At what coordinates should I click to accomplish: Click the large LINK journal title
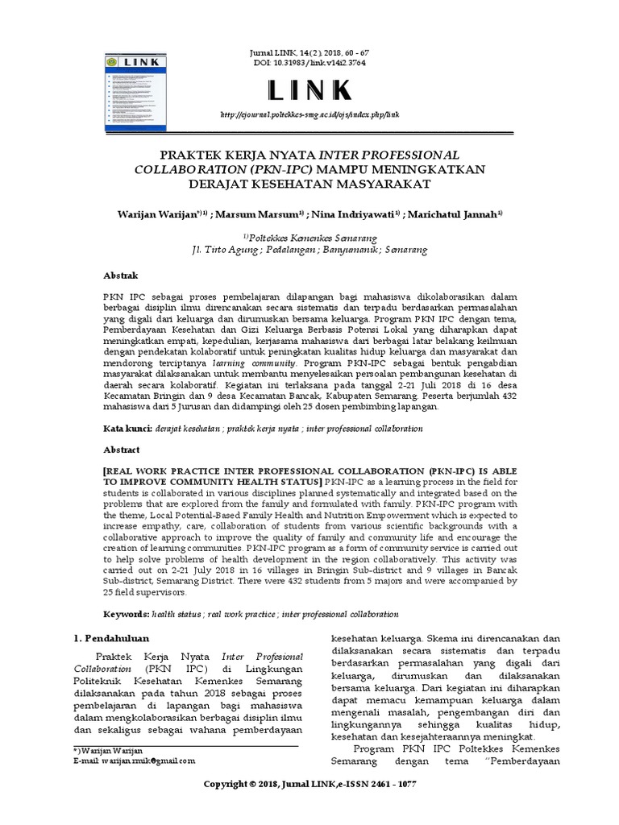pyautogui.click(x=309, y=89)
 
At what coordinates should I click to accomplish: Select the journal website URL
pyautogui.click(x=310, y=115)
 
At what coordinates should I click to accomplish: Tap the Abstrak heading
pyautogui.click(x=121, y=276)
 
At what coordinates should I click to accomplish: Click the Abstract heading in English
pyautogui.click(x=123, y=450)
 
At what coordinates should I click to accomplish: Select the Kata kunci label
pyautogui.click(x=128, y=429)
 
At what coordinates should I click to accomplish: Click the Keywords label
pyautogui.click(x=127, y=614)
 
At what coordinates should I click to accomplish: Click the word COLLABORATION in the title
pyautogui.click(x=186, y=169)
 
